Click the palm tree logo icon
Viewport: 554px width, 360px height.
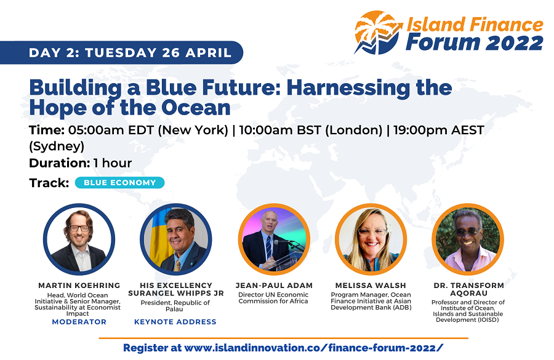(378, 33)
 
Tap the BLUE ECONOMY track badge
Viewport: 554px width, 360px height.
(120, 183)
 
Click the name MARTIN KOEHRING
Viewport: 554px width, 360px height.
(79, 286)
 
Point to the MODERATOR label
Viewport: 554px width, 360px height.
(79, 322)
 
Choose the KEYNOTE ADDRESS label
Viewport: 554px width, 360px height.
(175, 322)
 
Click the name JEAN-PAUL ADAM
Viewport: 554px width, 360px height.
(274, 286)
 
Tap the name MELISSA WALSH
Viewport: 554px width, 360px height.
(371, 286)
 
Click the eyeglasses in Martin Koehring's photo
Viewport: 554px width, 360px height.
(79, 228)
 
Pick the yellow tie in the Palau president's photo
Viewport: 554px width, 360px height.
(177, 266)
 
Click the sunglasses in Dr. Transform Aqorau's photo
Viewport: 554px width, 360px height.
(466, 232)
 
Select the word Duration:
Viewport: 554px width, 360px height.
(59, 163)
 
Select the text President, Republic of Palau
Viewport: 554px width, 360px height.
(175, 306)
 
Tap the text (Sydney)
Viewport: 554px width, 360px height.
(57, 146)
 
